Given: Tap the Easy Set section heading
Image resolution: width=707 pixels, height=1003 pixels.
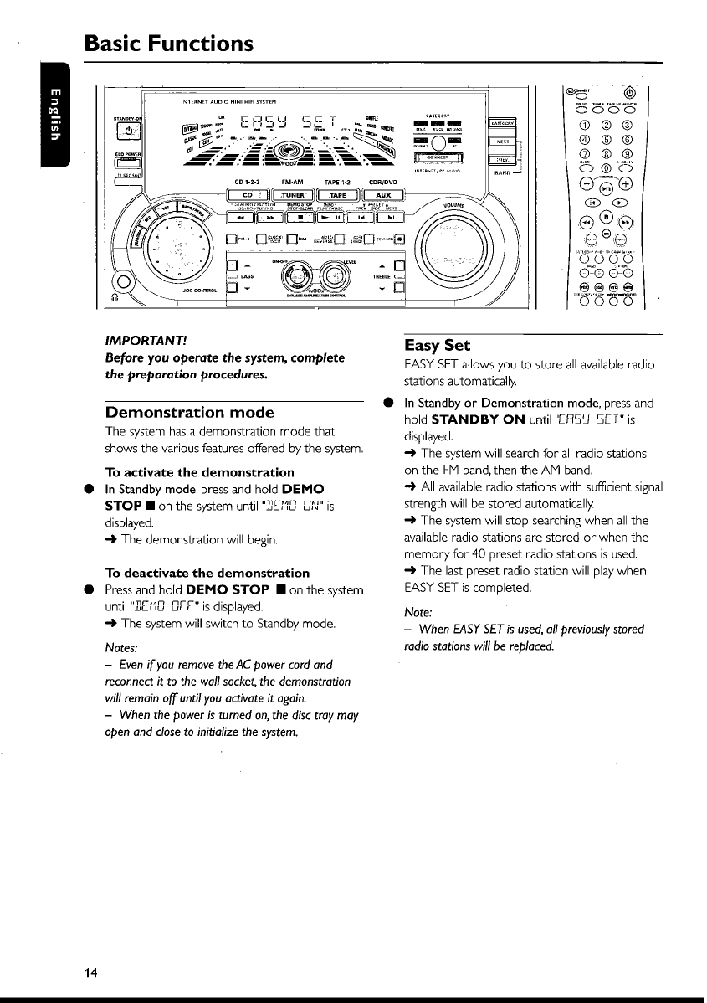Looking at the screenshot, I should tap(437, 345).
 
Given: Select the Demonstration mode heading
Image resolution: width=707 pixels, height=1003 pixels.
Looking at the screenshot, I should tap(189, 412).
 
